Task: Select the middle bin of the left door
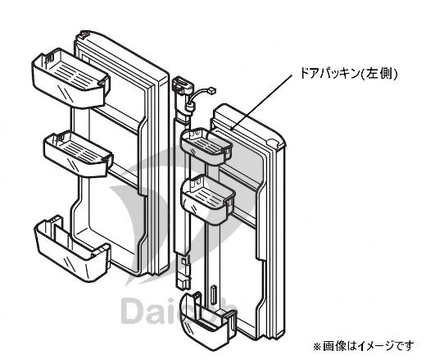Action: (79, 153)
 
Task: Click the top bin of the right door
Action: (206, 146)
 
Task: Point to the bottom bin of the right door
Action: (207, 322)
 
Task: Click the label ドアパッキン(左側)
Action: (349, 74)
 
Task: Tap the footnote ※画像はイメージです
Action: (363, 346)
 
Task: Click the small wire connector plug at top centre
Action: (212, 89)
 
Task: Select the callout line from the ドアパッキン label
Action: (262, 102)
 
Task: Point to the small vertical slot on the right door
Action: (214, 295)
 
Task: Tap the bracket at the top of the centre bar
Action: (183, 84)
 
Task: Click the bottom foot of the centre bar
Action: (183, 282)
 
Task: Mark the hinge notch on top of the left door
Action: (84, 34)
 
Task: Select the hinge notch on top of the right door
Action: (273, 142)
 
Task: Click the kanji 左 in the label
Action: (372, 74)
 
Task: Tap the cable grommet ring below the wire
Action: (189, 105)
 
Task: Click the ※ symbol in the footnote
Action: (317, 347)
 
